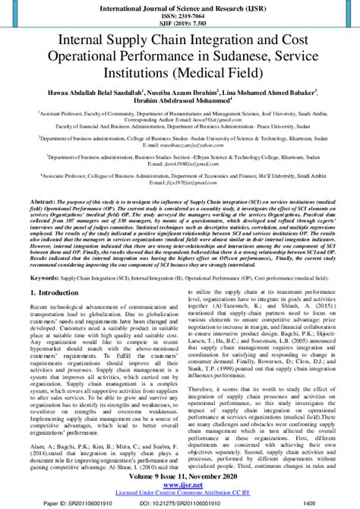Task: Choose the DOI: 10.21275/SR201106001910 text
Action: [179, 502]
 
